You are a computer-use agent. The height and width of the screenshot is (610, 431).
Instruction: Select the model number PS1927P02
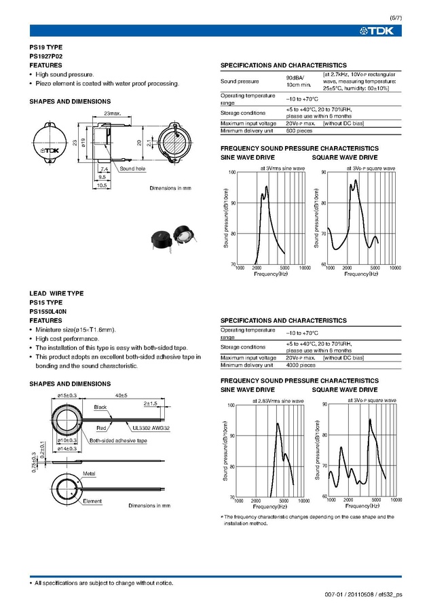[46, 57]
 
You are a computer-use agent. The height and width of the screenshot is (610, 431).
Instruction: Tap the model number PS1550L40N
[48, 311]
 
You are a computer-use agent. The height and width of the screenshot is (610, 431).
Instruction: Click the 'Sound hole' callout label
[132, 168]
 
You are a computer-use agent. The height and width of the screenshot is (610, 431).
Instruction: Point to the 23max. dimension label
[112, 113]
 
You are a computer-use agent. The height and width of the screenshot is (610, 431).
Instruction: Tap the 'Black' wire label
[100, 407]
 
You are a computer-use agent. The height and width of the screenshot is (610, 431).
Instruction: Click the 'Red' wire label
[101, 429]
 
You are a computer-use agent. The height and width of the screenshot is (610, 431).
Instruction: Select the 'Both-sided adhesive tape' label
[118, 441]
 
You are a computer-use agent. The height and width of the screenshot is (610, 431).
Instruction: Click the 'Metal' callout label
[89, 472]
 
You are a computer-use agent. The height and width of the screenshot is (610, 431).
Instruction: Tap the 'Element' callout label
[92, 501]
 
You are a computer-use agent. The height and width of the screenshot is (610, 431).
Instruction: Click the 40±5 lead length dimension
[122, 394]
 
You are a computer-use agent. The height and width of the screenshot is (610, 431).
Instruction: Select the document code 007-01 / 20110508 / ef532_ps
[364, 594]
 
